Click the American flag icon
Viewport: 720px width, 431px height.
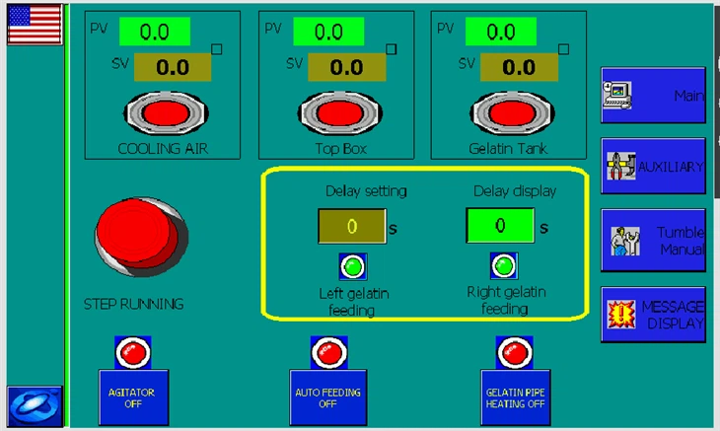pyautogui.click(x=35, y=24)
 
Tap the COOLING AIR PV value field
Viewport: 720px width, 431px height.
pyautogui.click(x=155, y=32)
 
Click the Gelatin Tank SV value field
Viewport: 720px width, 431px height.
pyautogui.click(x=519, y=68)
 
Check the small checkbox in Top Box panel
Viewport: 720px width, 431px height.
pyautogui.click(x=391, y=48)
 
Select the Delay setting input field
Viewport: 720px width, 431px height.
pyautogui.click(x=351, y=227)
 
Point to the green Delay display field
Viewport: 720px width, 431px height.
pyautogui.click(x=500, y=226)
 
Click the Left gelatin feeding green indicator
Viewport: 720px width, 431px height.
pyautogui.click(x=352, y=265)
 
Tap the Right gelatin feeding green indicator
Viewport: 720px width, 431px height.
pyautogui.click(x=504, y=265)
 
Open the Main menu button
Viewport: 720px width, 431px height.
pyautogui.click(x=653, y=96)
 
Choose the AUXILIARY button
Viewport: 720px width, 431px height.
pyautogui.click(x=653, y=166)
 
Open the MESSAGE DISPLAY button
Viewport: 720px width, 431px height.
pyautogui.click(x=653, y=315)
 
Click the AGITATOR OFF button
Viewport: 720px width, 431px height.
pyautogui.click(x=132, y=396)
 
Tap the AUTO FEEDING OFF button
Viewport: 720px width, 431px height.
pyautogui.click(x=328, y=396)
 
